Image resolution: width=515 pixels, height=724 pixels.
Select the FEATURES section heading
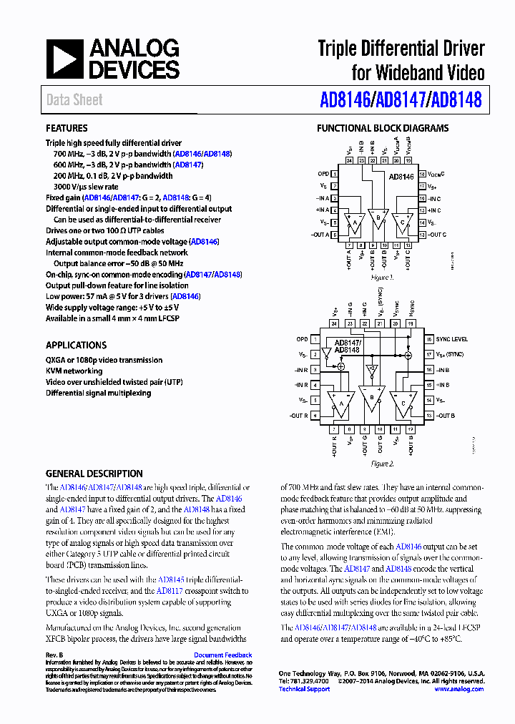pyautogui.click(x=67, y=129)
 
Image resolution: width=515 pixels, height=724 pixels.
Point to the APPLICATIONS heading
pyautogui.click(x=77, y=345)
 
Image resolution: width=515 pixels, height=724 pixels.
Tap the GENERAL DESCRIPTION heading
pyautogui.click(x=94, y=474)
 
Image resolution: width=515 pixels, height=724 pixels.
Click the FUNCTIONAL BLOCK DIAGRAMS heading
pyautogui.click(x=383, y=129)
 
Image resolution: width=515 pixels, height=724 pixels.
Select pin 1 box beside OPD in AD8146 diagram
pyautogui.click(x=335, y=174)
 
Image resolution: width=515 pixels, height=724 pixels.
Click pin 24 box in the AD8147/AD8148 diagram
pyautogui.click(x=334, y=323)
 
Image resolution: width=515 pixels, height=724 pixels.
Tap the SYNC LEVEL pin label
pyautogui.click(x=451, y=339)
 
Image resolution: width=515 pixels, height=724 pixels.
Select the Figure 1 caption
pyautogui.click(x=382, y=277)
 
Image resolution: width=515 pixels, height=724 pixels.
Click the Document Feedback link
pyautogui.click(x=222, y=655)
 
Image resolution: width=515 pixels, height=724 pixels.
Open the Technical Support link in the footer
pyautogui.click(x=304, y=689)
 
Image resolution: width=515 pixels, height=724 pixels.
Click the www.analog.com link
pyautogui.click(x=458, y=689)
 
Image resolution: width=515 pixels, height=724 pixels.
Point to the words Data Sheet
pyautogui.click(x=74, y=100)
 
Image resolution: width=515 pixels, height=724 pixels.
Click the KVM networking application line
pyautogui.click(x=74, y=371)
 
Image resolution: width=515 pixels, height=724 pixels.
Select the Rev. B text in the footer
pyautogui.click(x=54, y=655)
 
